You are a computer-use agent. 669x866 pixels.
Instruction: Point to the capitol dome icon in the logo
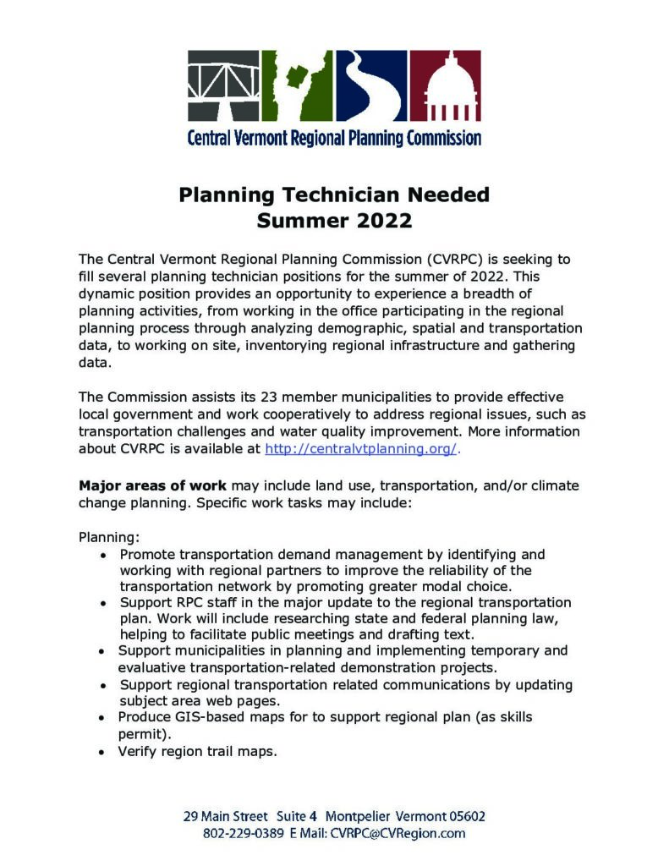tap(446, 85)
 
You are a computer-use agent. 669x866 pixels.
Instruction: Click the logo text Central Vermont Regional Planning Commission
tap(334, 137)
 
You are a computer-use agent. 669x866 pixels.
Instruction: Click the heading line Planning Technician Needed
tap(334, 195)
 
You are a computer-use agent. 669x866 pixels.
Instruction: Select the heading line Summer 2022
tap(334, 222)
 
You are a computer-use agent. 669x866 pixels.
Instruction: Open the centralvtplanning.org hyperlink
tap(361, 449)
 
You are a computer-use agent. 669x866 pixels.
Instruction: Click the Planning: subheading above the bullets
tap(109, 537)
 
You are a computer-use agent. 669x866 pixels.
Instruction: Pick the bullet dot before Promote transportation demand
tap(102, 555)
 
